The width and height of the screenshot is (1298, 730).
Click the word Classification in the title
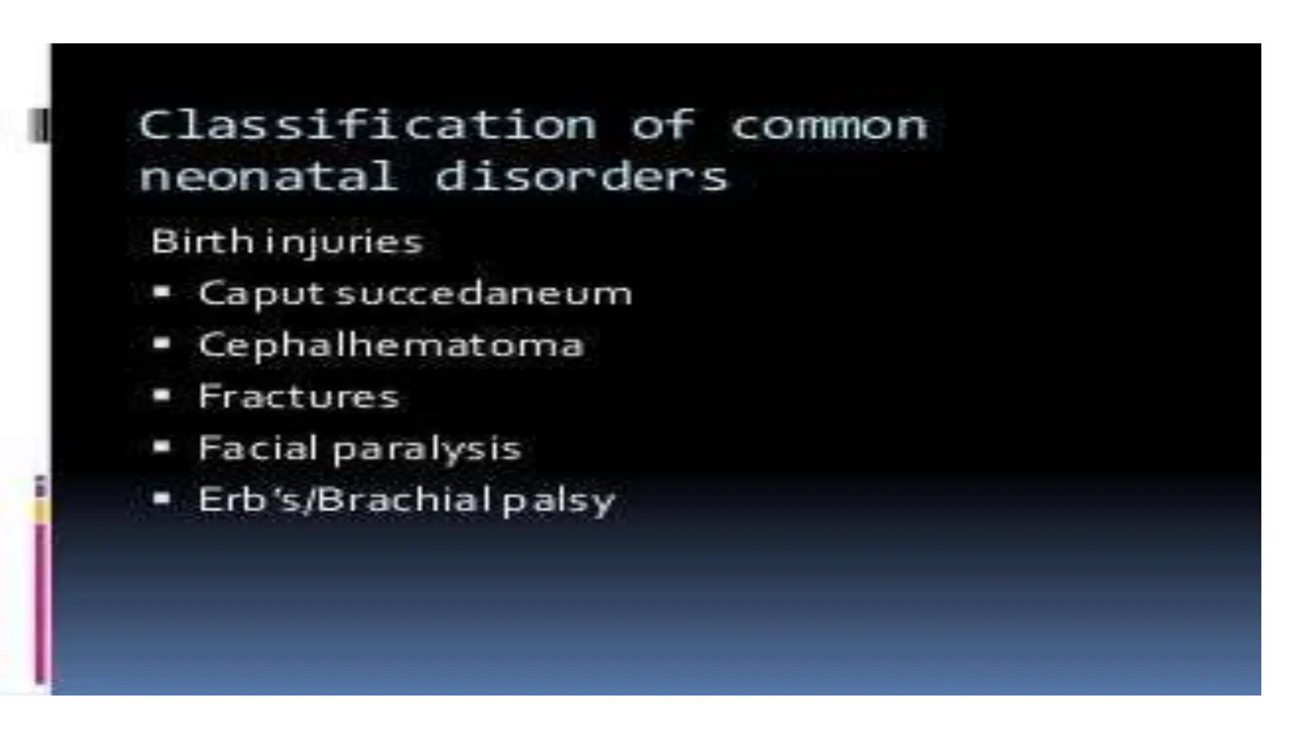(368, 125)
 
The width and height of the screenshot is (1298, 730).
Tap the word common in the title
(829, 125)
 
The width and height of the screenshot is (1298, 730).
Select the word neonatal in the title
(269, 176)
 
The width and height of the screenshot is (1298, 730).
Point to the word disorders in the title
(582, 176)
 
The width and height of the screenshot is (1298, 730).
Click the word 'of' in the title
(663, 125)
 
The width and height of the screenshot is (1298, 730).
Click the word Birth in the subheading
(202, 241)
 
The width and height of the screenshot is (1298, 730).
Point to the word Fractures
(299, 397)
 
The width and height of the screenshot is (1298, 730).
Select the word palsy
(558, 501)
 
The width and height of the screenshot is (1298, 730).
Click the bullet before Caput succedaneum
(162, 292)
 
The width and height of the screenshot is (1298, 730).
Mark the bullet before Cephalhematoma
(162, 343)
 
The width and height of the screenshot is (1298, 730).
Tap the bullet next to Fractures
(162, 395)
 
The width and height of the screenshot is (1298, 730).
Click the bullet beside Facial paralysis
(162, 447)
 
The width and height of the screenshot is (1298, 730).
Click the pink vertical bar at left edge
(41, 602)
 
